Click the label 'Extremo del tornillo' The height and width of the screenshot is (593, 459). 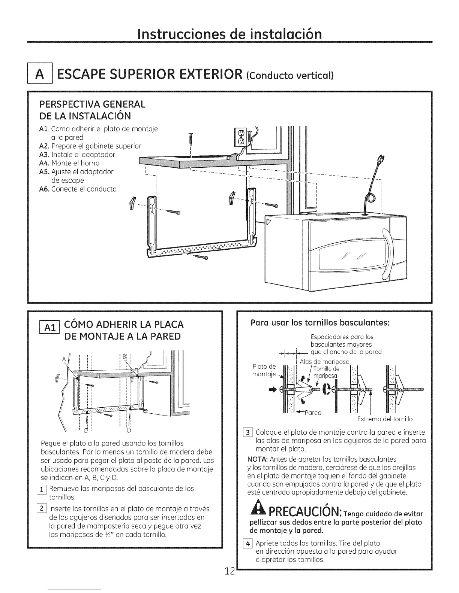(x=385, y=419)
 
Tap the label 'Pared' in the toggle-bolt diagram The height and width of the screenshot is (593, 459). (x=313, y=413)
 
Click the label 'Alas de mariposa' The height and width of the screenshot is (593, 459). (x=324, y=362)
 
